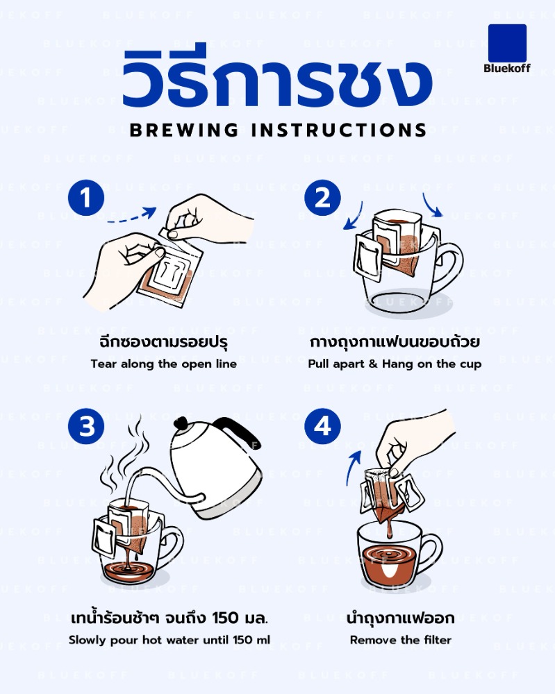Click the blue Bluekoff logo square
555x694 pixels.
[x=507, y=43]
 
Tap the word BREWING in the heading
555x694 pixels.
[x=184, y=130]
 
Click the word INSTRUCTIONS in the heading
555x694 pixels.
[x=338, y=130]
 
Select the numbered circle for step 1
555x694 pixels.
[x=86, y=198]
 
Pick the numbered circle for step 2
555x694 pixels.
[x=322, y=198]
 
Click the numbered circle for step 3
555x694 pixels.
[x=86, y=427]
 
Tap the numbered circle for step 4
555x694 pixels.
[x=322, y=427]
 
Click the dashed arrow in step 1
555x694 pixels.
[x=133, y=217]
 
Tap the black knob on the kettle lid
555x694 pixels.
[x=181, y=423]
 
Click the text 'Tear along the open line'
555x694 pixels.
[x=164, y=364]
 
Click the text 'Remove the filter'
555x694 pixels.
[x=400, y=640]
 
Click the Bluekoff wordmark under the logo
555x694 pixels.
[x=507, y=69]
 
